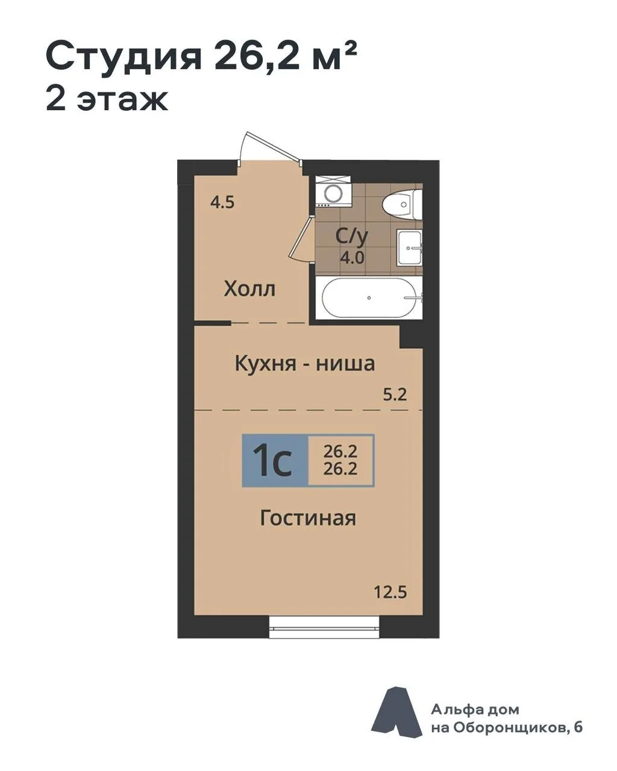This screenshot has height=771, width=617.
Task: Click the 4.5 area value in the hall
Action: coord(222,202)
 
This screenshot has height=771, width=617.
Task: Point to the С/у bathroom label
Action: coord(351,236)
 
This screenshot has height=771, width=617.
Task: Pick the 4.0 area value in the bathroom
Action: coord(352,258)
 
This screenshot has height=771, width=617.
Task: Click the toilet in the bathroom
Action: coord(402,204)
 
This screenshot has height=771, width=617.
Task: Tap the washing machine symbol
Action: coord(333,192)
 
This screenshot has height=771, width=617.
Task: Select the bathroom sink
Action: coord(409,248)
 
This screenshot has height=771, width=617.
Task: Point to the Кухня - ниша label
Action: coord(305,363)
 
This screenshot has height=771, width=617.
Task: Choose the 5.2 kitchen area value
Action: coord(395,395)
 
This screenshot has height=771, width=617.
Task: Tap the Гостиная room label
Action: coord(308,519)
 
